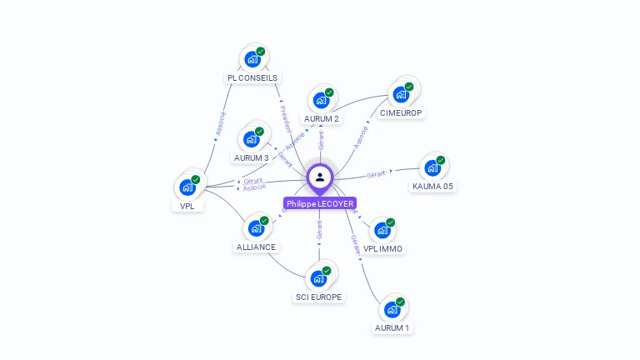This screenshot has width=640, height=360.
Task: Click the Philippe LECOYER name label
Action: [320, 203]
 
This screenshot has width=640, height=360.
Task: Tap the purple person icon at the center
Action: [320, 177]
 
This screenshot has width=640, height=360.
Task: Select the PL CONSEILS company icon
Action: [252, 60]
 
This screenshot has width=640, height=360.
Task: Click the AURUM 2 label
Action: [321, 118]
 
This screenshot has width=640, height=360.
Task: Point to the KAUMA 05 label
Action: [432, 186]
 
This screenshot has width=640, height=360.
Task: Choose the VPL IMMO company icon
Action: [382, 230]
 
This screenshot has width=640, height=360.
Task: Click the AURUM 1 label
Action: [392, 327]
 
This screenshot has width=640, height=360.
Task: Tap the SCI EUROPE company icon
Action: [318, 279]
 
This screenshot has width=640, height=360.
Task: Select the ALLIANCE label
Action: [256, 247]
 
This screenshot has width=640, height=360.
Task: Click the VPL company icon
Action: [187, 187]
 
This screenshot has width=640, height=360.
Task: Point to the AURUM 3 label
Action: [251, 157]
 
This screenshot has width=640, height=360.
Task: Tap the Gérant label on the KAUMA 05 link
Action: [377, 174]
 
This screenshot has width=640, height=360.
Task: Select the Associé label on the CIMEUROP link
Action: [361, 137]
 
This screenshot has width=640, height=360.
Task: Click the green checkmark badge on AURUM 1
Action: [401, 302]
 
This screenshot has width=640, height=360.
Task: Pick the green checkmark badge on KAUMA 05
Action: [441, 160]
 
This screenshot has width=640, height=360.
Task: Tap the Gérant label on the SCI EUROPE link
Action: [319, 229]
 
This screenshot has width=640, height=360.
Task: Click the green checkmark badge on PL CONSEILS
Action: [261, 52]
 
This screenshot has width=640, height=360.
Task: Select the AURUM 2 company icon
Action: [321, 101]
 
